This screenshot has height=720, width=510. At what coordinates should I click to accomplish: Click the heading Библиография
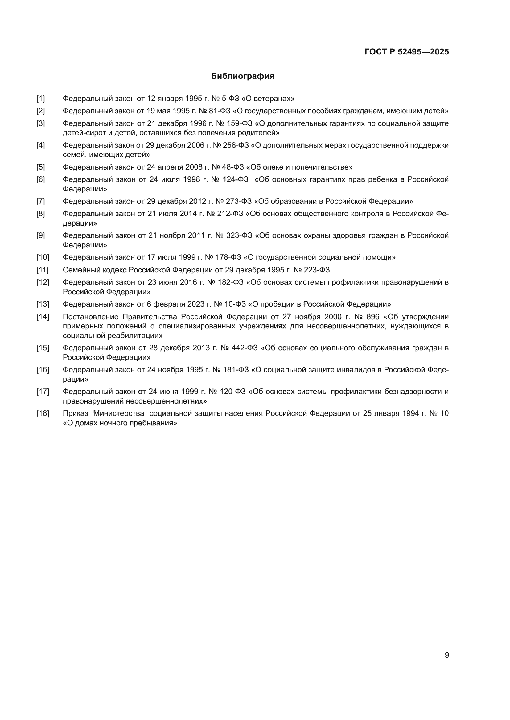(242, 76)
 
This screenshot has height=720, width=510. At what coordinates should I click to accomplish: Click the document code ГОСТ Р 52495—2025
(407, 52)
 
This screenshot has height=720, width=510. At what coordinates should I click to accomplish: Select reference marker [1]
(40, 99)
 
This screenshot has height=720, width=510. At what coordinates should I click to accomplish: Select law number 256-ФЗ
(236, 145)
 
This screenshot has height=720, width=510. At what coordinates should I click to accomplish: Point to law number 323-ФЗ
(239, 235)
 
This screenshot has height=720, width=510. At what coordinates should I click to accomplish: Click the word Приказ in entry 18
(75, 413)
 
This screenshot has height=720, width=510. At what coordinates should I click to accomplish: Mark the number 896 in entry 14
(373, 316)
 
